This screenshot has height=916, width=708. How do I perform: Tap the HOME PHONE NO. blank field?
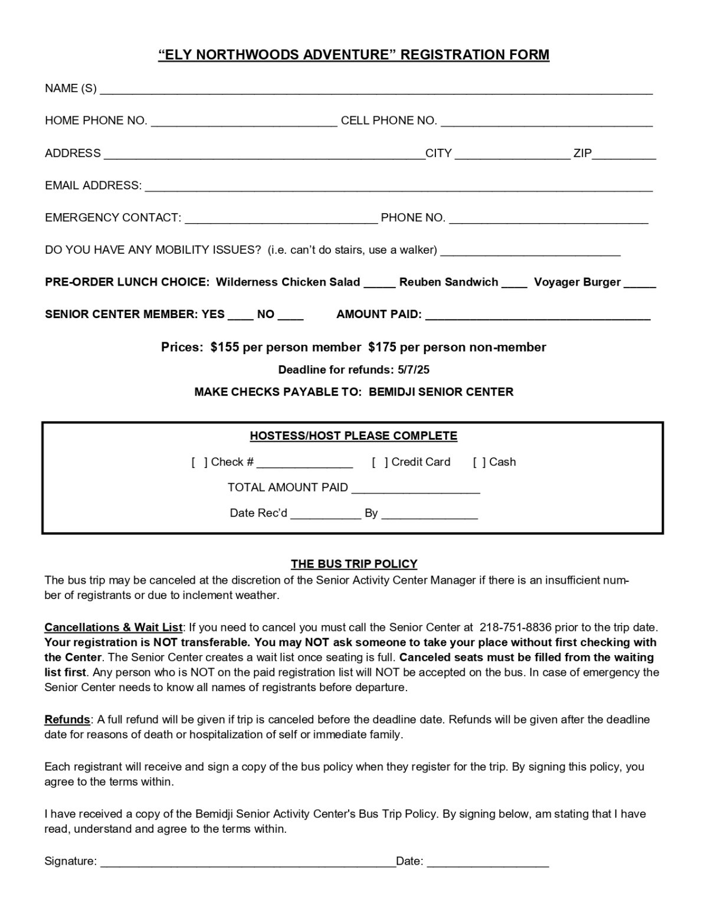click(244, 122)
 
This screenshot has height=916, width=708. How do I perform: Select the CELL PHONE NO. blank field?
click(546, 122)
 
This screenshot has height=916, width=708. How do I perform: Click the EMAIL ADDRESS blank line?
click(399, 187)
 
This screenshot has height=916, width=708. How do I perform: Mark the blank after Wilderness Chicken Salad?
click(379, 284)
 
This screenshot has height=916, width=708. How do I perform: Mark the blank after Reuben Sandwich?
click(514, 284)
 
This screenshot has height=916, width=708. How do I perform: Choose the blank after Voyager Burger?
click(640, 284)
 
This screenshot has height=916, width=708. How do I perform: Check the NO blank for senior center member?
click(290, 316)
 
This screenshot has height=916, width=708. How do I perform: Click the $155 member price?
click(224, 347)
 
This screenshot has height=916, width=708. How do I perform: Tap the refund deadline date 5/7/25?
click(414, 370)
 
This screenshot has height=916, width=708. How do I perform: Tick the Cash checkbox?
click(480, 462)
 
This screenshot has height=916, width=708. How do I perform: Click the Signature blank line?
click(248, 863)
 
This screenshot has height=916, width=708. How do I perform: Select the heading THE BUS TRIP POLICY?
click(354, 564)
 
